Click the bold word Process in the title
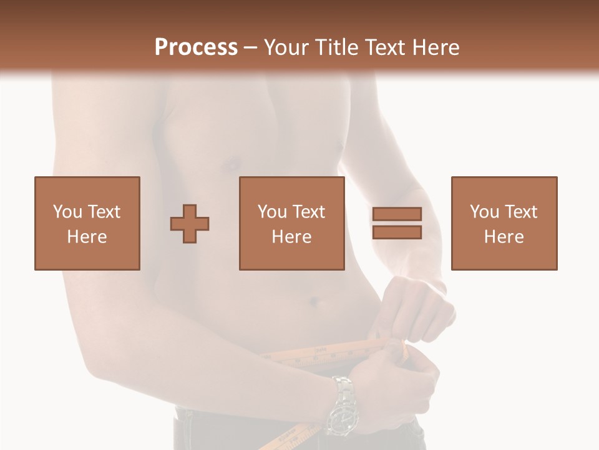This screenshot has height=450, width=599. [196, 47]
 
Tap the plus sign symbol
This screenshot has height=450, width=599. [190, 223]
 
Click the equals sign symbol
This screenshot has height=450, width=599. [397, 223]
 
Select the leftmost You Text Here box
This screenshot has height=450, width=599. [87, 223]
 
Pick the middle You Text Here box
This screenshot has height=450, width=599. [291, 223]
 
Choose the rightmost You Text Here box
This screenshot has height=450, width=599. [504, 223]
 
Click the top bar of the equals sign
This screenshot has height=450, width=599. [397, 214]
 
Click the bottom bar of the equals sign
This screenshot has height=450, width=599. [397, 232]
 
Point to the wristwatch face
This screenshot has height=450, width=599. [342, 418]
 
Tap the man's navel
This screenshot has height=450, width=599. [314, 302]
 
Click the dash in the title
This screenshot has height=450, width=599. [250, 47]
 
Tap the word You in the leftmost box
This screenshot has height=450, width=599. [66, 212]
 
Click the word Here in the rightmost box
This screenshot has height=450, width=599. [504, 236]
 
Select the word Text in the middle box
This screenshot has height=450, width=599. [308, 212]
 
